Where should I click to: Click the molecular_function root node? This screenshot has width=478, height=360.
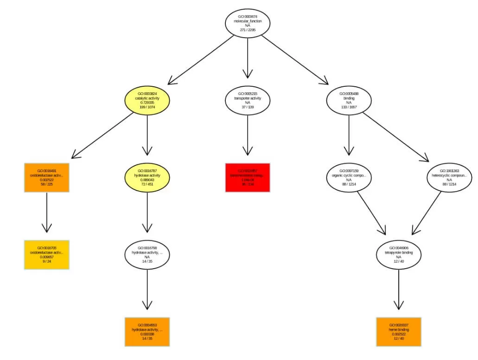[248, 23]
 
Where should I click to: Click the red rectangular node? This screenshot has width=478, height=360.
[248, 178]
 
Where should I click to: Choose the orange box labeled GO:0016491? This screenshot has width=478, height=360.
[46, 178]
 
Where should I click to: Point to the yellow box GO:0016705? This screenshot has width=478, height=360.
[46, 255]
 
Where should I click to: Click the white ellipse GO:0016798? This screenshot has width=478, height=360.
[147, 255]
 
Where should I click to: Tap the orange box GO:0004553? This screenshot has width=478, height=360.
[147, 332]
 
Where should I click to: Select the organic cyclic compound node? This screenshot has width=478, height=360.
[349, 178]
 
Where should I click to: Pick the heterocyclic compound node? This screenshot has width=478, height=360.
[449, 178]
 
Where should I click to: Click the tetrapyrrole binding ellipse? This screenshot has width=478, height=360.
[399, 255]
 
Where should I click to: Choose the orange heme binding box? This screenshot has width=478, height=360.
[399, 332]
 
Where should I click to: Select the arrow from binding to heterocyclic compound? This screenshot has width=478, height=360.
[396, 137]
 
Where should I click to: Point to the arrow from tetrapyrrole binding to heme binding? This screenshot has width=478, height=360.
[399, 290]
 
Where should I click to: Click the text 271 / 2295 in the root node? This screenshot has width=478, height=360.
[248, 30]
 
